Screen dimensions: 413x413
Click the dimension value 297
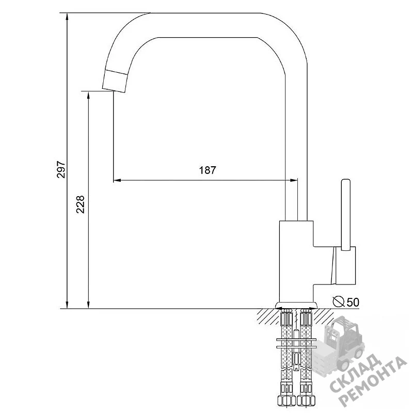point(61,170)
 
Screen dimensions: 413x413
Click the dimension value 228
point(80,204)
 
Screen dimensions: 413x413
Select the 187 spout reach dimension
point(208,170)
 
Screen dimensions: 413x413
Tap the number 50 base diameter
point(353,302)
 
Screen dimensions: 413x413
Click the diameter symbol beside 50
point(339,301)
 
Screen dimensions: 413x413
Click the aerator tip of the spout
point(115,81)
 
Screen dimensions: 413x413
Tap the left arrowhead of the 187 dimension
point(117,180)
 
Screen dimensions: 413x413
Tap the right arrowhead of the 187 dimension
point(294,180)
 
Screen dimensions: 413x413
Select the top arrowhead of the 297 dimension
point(67,17)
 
